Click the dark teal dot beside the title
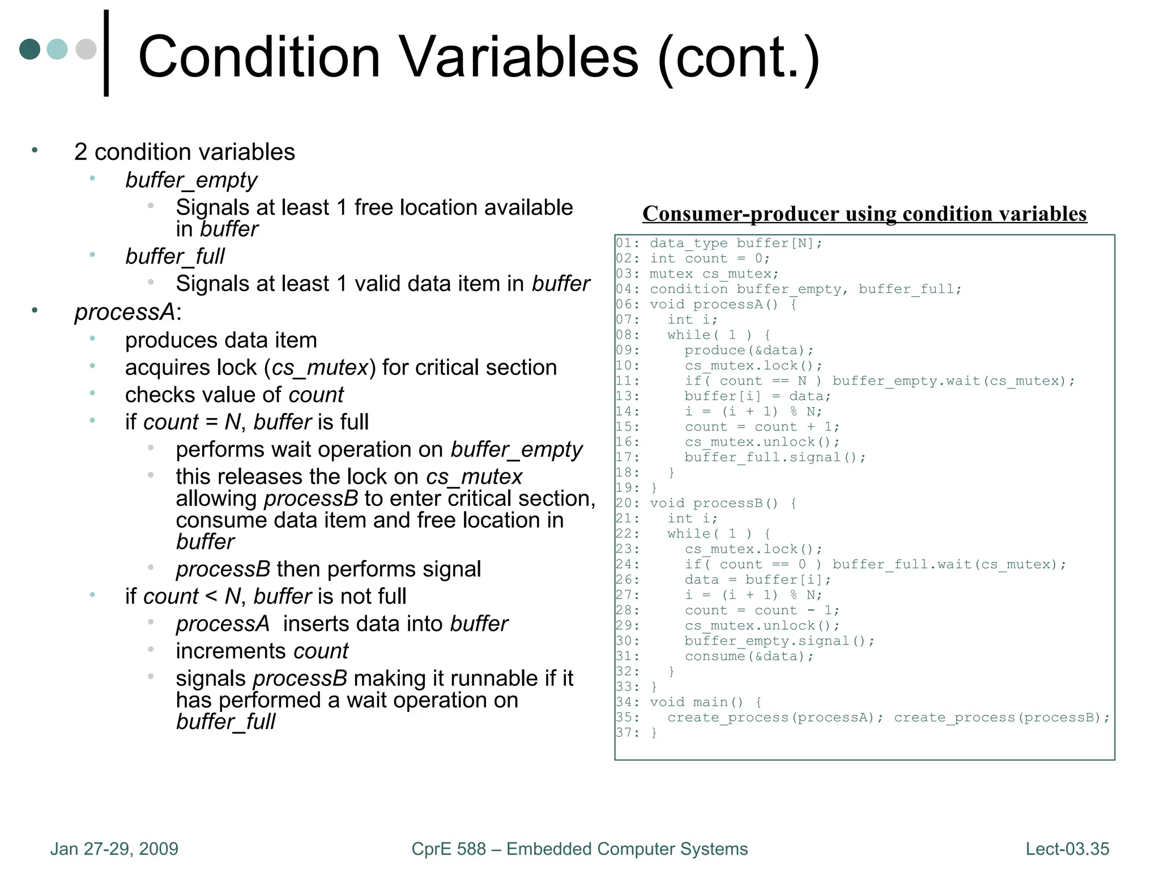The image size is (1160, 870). pos(30,49)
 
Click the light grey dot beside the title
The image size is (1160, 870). pos(86,49)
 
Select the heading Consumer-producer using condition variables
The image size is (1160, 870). pos(864,214)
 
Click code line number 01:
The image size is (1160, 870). pos(628,244)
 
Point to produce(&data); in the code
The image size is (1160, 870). pos(749,351)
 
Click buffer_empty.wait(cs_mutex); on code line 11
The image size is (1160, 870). pos(953,381)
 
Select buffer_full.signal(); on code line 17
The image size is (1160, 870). pos(775,458)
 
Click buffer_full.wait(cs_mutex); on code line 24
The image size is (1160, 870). pos(949,565)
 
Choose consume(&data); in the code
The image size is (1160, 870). pos(749,656)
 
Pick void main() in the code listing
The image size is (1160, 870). pos(696,702)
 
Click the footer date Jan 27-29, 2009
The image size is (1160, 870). pos(114,849)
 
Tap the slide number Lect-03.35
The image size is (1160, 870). pos(1067,849)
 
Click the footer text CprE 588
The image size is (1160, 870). pos(449,849)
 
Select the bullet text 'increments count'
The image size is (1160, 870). pos(262,651)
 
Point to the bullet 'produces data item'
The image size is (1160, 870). pos(221,340)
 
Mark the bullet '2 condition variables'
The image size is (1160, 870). pos(185,152)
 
